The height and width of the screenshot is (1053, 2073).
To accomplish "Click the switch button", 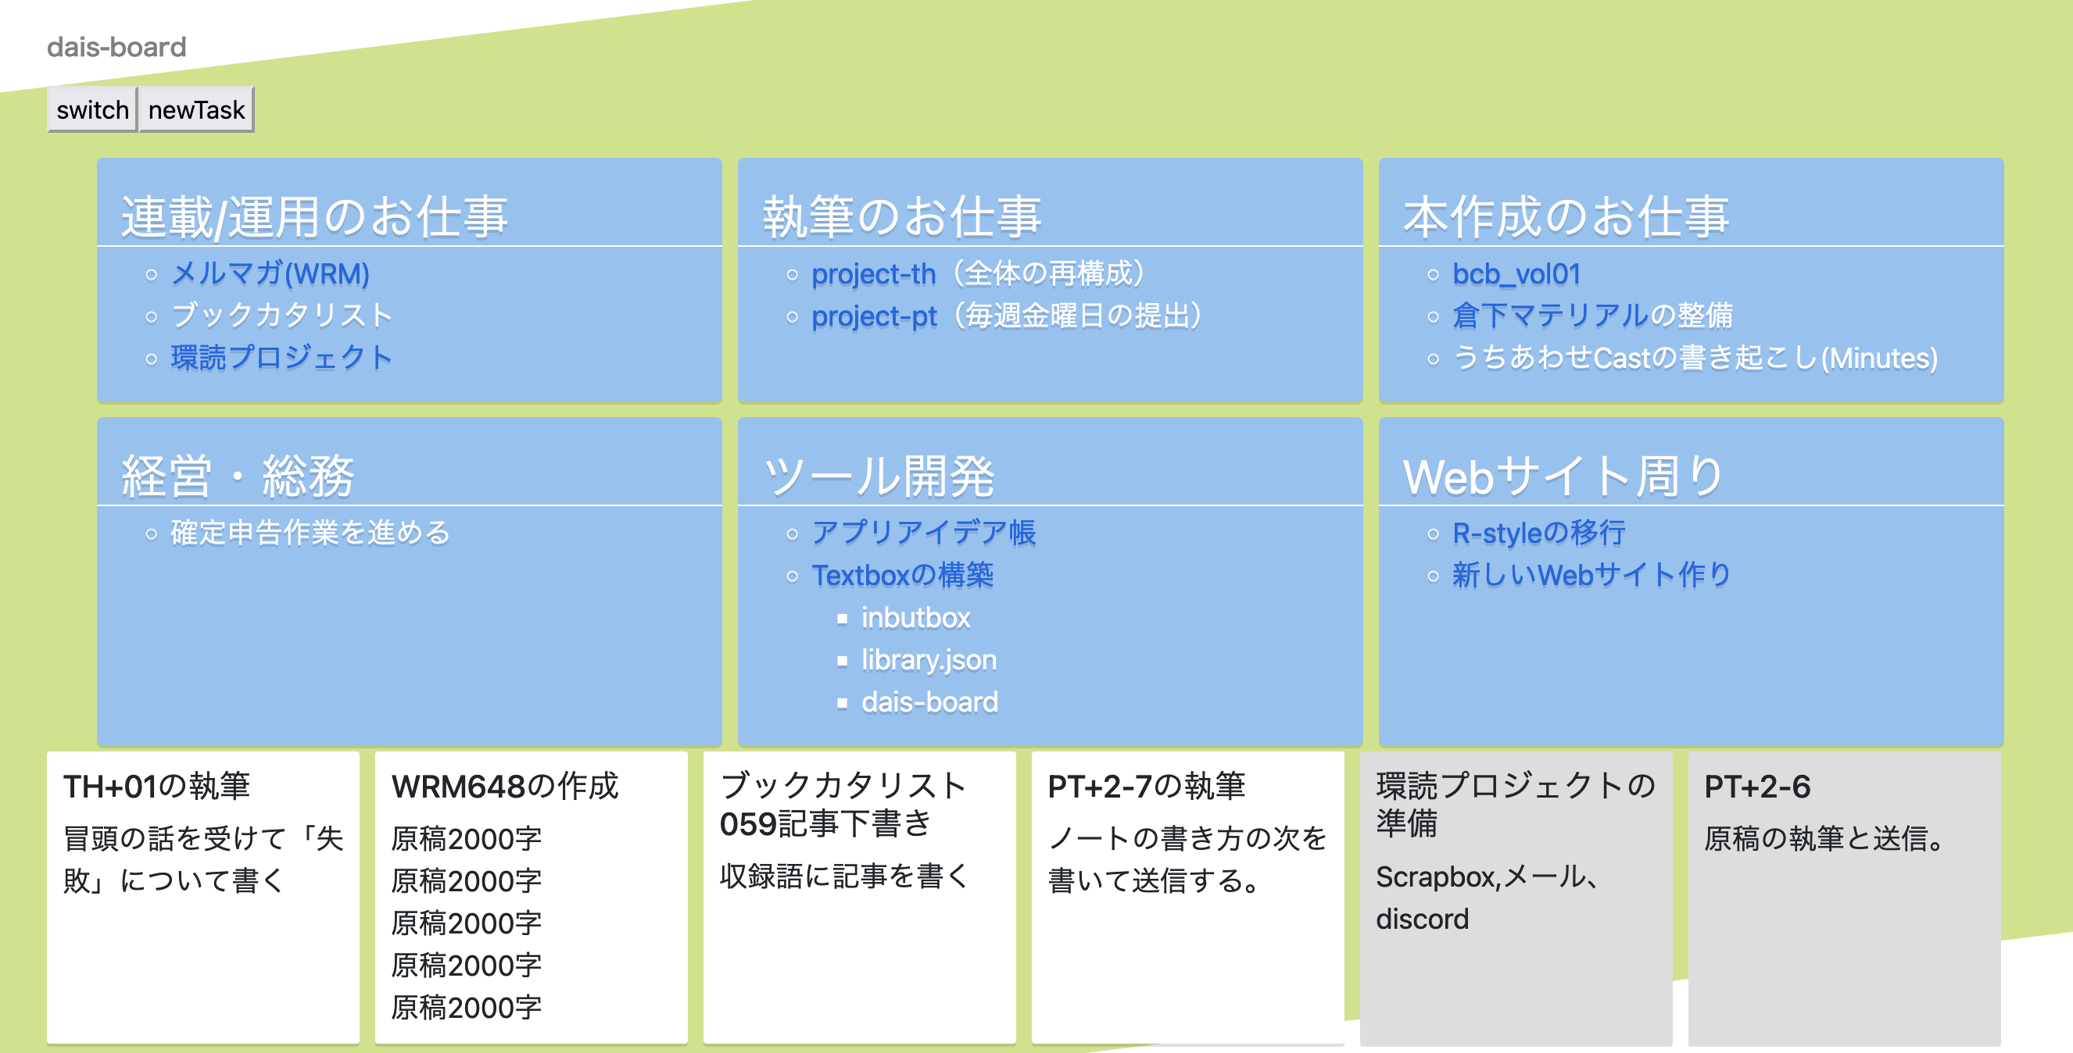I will [91, 109].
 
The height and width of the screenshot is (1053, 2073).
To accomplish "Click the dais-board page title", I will [116, 47].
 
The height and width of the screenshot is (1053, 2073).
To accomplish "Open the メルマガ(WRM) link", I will [270, 273].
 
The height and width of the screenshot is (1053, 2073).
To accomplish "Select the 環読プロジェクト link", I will [281, 357].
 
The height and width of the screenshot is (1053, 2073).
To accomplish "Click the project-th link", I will [873, 273].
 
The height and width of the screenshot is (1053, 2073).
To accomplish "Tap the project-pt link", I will [874, 316].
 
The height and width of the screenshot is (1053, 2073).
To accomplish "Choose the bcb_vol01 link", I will [1516, 273].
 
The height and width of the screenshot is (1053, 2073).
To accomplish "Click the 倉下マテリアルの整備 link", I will [1591, 316].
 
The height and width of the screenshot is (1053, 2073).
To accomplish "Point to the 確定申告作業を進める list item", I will [310, 533].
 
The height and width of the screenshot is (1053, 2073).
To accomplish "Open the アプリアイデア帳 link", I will [923, 533].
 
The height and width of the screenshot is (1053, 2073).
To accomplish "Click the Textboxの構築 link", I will [902, 574].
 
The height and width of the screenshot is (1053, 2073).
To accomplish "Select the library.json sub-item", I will [929, 659].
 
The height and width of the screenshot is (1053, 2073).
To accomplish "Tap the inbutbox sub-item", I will [916, 618].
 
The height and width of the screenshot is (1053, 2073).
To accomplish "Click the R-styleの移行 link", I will [1538, 533].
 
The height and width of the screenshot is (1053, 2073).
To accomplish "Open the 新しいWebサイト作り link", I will [1591, 574].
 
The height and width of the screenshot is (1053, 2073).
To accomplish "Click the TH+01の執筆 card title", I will [157, 786].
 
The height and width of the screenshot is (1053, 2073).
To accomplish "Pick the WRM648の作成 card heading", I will [504, 786].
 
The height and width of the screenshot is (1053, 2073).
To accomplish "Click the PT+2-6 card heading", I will [1756, 786].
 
